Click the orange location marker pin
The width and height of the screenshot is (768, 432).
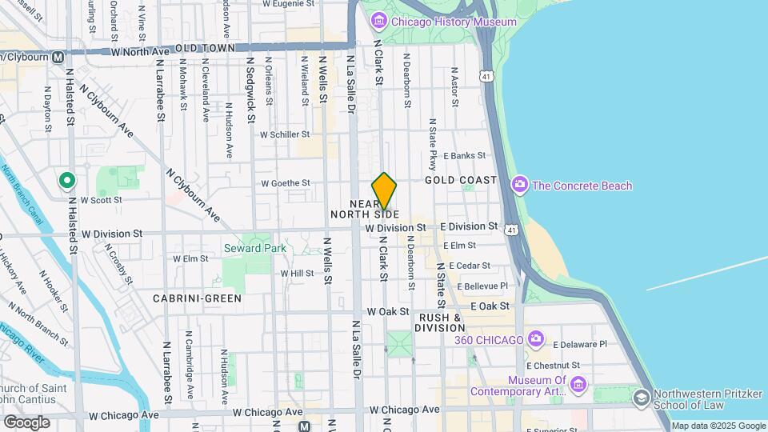click(385, 190)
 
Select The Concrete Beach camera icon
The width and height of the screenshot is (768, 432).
click(521, 186)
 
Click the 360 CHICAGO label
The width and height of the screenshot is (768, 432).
click(489, 340)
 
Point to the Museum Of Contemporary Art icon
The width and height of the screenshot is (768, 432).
click(579, 386)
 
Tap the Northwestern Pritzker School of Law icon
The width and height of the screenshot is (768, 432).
click(641, 398)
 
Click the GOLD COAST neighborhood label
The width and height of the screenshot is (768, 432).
click(461, 180)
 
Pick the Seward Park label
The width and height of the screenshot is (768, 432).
click(254, 248)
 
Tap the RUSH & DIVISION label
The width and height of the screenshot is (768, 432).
click(439, 322)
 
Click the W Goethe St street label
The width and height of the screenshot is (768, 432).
click(286, 183)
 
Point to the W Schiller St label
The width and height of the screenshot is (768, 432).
click(284, 134)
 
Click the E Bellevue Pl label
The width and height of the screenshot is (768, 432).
click(478, 286)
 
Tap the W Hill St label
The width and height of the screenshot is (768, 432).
click(297, 273)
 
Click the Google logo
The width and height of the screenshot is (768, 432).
click(26, 422)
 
